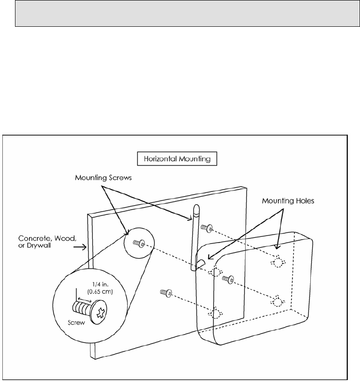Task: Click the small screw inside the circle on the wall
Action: point(138,243)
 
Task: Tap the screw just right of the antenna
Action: point(206,228)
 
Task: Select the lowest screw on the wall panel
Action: point(165,293)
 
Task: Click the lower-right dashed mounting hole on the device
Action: point(279,300)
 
